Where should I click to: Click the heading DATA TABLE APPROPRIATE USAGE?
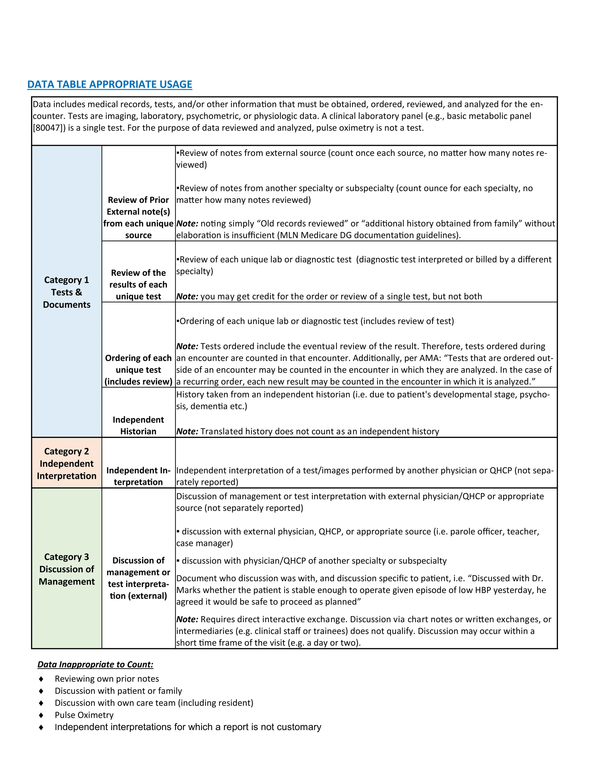click(110, 85)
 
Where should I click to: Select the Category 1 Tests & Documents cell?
click(66, 292)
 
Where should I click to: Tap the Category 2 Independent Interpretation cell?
click(66, 463)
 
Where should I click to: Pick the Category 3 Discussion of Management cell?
click(66, 569)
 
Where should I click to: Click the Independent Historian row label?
click(138, 425)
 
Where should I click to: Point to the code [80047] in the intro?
click(49, 128)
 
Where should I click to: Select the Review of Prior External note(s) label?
click(138, 217)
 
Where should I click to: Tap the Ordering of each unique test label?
click(138, 369)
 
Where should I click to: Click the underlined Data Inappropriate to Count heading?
click(95, 664)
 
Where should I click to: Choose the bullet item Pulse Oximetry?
click(84, 715)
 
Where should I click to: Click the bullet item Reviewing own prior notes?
click(107, 679)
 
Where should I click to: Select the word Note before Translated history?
click(187, 432)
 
